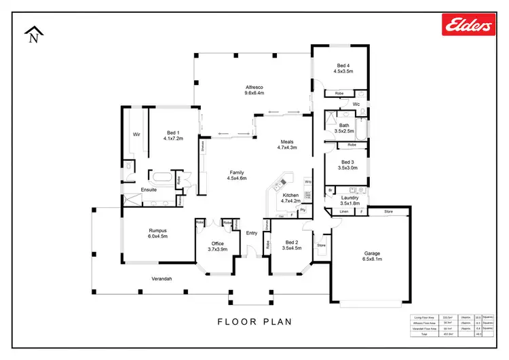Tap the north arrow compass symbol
(x=33, y=35)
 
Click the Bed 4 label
(x=343, y=65)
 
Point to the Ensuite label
(x=149, y=190)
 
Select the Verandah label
(x=161, y=279)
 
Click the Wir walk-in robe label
(x=136, y=134)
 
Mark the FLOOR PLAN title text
(x=254, y=321)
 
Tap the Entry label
(x=252, y=233)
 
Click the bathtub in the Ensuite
(x=161, y=179)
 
